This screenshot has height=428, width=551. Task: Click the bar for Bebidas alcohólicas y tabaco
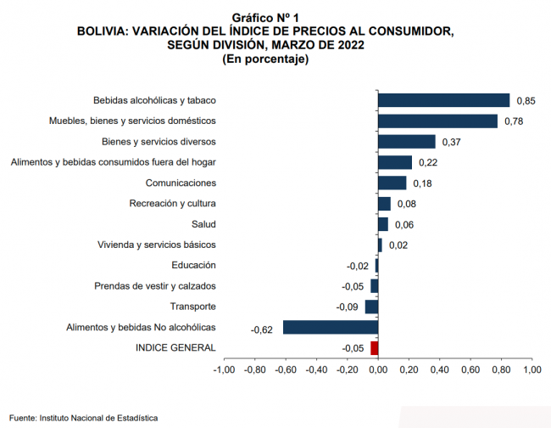point(443,100)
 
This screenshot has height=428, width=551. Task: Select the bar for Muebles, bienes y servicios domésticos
point(437,121)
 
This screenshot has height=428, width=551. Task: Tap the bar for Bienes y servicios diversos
point(406,142)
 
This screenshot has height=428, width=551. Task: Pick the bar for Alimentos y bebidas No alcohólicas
point(330,327)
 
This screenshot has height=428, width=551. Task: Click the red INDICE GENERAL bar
point(374,347)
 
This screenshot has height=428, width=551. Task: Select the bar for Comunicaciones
point(392,183)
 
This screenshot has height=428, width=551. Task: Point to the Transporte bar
point(370,307)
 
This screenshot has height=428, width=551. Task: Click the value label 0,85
point(526,101)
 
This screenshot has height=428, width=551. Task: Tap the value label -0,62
point(262,329)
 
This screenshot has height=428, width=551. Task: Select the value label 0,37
point(451,142)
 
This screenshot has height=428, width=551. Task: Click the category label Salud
point(203,224)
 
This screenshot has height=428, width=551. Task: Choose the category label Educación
point(193,265)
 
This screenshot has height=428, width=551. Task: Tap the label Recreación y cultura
point(172,204)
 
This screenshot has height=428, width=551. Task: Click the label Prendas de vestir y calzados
point(155,285)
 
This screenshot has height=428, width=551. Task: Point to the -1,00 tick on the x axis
point(224,370)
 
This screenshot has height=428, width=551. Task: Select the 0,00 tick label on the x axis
point(378,370)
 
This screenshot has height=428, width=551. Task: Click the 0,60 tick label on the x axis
point(470,370)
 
